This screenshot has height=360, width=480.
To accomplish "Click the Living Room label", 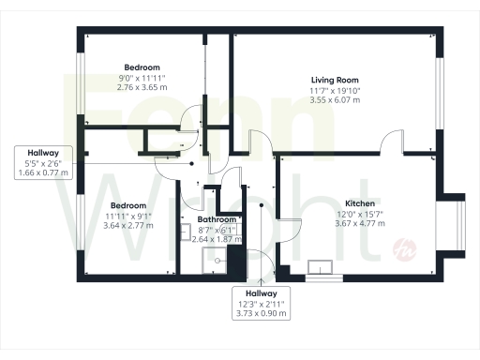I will point(336,80).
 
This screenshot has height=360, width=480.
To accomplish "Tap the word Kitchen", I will point(360,203).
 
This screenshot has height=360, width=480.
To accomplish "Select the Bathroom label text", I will point(217,220).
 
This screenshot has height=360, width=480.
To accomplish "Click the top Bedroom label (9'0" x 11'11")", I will point(142,67).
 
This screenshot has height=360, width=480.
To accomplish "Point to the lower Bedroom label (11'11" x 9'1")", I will point(127,205).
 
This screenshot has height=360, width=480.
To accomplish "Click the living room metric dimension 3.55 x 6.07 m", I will point(336,99).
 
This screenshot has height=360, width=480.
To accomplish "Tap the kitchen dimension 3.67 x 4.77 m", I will point(360,224).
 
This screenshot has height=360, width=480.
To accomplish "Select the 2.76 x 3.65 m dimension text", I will point(142,86).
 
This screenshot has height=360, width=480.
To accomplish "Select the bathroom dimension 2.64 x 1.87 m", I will point(217,239).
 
